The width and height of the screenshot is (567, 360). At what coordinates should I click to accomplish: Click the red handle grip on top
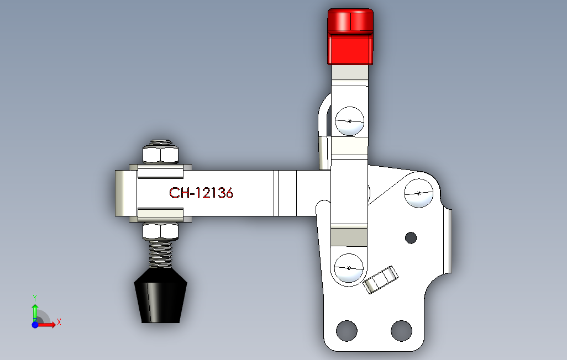pos(350,36)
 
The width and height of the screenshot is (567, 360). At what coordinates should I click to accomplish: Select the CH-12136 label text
pos(201,193)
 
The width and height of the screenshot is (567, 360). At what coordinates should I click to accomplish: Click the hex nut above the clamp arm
pos(161,154)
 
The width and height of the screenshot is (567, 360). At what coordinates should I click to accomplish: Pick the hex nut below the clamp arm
pos(161,231)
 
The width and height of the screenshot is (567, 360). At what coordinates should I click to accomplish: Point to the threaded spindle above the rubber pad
pos(161,253)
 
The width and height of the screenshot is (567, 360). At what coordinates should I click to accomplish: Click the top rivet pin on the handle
pos(349,120)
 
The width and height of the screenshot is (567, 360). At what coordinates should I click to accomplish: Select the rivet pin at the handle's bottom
pos(349,268)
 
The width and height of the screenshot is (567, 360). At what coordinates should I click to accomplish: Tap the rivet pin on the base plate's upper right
pos(419,193)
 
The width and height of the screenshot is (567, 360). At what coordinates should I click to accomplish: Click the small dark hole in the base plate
pos(411,237)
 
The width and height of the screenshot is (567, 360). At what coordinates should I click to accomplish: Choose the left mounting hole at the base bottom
pos(347,330)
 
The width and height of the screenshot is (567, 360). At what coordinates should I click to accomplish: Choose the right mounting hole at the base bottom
pos(401,330)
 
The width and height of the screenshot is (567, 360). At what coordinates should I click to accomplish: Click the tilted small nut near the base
pos(381,279)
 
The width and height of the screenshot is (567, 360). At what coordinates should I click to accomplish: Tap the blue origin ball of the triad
pos(35,325)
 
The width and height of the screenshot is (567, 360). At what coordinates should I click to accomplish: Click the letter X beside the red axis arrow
pos(59,321)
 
